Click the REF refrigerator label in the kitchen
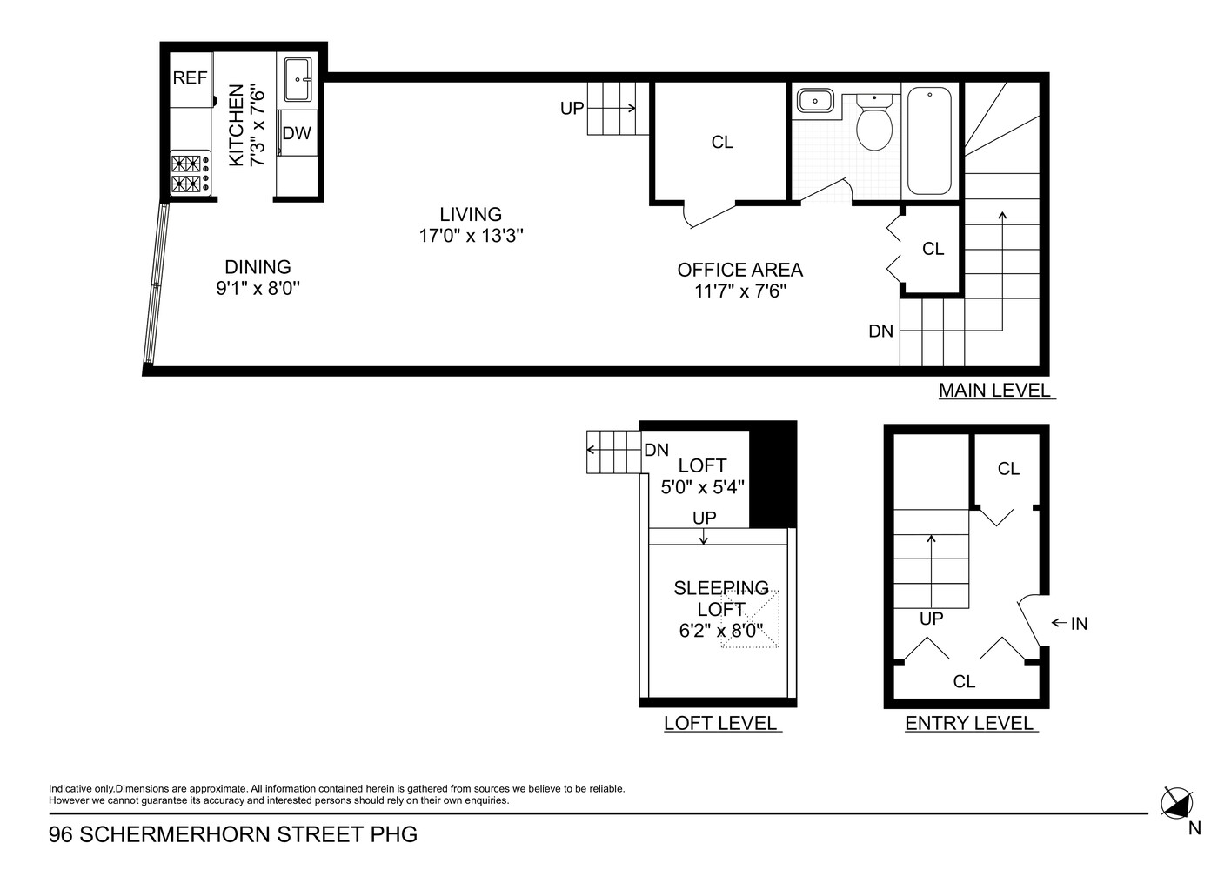pos(190,78)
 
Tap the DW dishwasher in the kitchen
pos(297,133)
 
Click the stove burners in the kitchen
pos(191,172)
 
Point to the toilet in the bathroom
pos(874,124)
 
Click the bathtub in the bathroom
pos(929,141)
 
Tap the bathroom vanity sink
pos(814,101)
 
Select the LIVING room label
pos(471,214)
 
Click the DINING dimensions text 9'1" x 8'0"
pos(258,289)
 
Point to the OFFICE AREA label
pos(739,270)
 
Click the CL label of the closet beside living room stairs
pos(722,142)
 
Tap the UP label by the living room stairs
pos(572,109)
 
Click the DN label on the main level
pos(880,331)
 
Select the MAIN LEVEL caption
pos(995,391)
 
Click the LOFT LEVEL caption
pos(720,723)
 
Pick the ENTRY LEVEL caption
pos(969,723)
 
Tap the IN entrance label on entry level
pos(1079,623)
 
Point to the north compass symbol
pos(1177,801)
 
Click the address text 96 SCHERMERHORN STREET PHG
pos(233,835)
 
